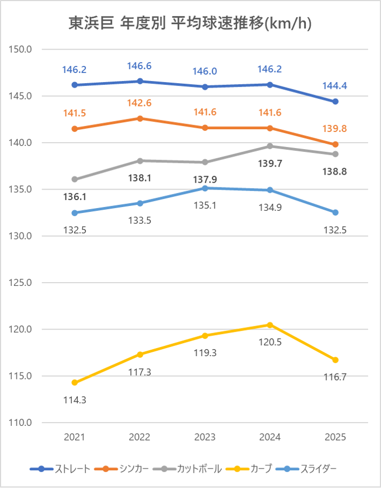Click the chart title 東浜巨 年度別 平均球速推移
click(190, 23)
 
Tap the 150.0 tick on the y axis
click(22, 50)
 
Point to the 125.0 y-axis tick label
click(22, 283)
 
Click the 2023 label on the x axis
click(205, 437)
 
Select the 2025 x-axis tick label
click(335, 437)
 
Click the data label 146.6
click(139, 66)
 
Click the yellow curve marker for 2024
click(270, 325)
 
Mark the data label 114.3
click(75, 400)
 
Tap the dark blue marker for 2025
click(335, 102)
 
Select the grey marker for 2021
click(75, 179)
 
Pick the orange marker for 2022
click(140, 118)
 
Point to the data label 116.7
click(335, 377)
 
